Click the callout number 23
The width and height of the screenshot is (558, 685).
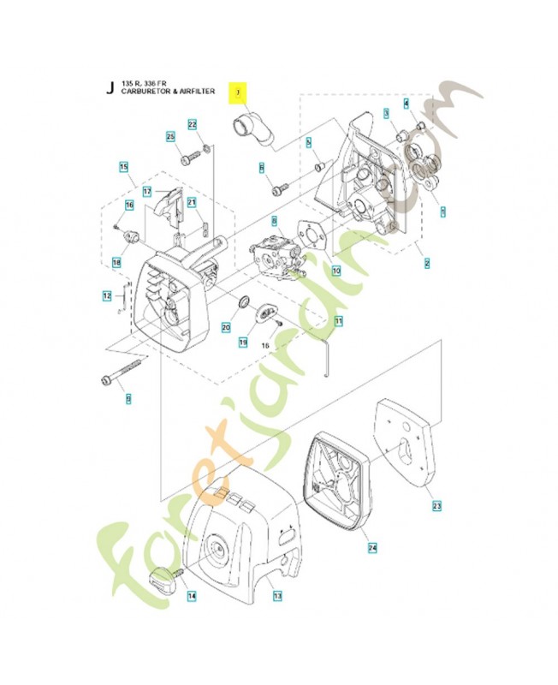tap(436, 507)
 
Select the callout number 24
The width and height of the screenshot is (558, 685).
tap(372, 545)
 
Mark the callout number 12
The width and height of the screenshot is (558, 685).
tap(107, 296)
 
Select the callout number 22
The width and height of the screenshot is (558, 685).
tap(193, 125)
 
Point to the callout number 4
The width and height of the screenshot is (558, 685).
tap(407, 104)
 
